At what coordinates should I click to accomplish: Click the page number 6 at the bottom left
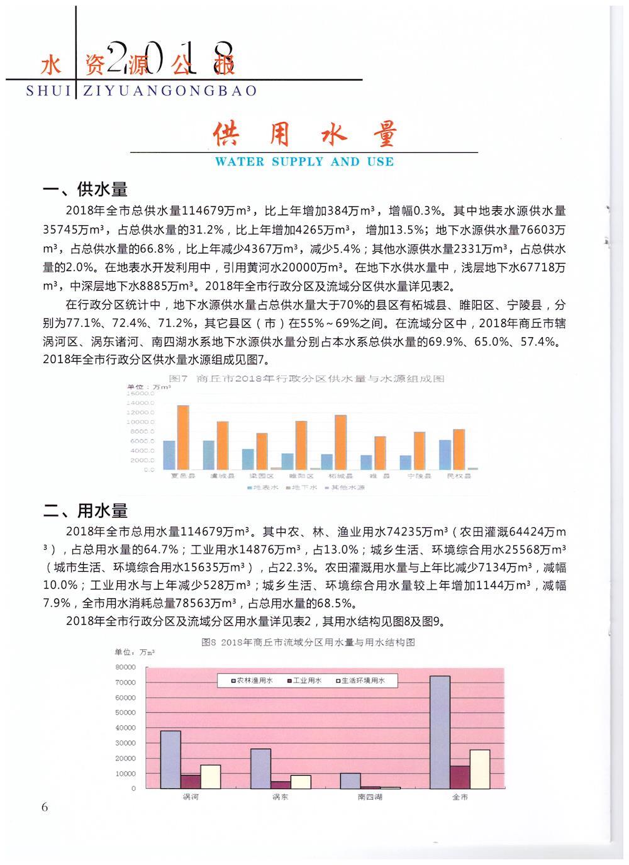tap(44, 807)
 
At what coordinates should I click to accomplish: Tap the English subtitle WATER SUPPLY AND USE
tap(304, 162)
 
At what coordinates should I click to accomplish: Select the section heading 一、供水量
tap(85, 189)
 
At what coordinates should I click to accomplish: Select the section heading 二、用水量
tap(85, 510)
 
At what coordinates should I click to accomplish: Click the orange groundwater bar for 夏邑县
tap(183, 437)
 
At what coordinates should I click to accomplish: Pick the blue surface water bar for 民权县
tap(445, 454)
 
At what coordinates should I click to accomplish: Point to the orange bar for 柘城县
tap(340, 442)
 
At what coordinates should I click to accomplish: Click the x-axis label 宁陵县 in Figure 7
tap(419, 476)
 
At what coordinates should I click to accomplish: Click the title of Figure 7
tap(307, 379)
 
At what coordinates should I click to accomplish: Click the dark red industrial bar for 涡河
tap(191, 781)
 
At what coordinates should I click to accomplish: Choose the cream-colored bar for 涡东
tap(301, 781)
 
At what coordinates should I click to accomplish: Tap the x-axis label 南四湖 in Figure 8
tap(370, 797)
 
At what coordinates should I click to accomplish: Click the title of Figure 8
tap(308, 642)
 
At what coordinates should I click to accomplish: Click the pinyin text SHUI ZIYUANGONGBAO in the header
tap(142, 91)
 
